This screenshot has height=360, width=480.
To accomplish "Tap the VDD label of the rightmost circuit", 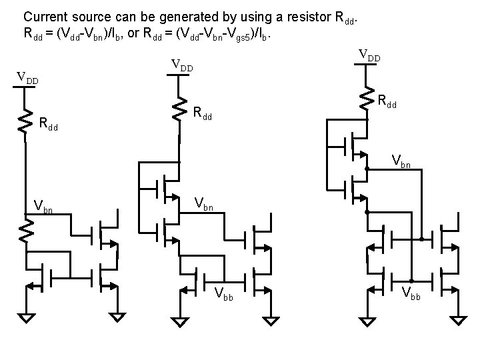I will click(x=369, y=55).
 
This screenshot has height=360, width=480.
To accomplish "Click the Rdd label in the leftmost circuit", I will click(x=51, y=123).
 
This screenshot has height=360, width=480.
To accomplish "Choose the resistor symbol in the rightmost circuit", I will click(x=367, y=99).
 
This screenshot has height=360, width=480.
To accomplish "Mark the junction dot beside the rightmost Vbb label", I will click(x=411, y=281).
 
